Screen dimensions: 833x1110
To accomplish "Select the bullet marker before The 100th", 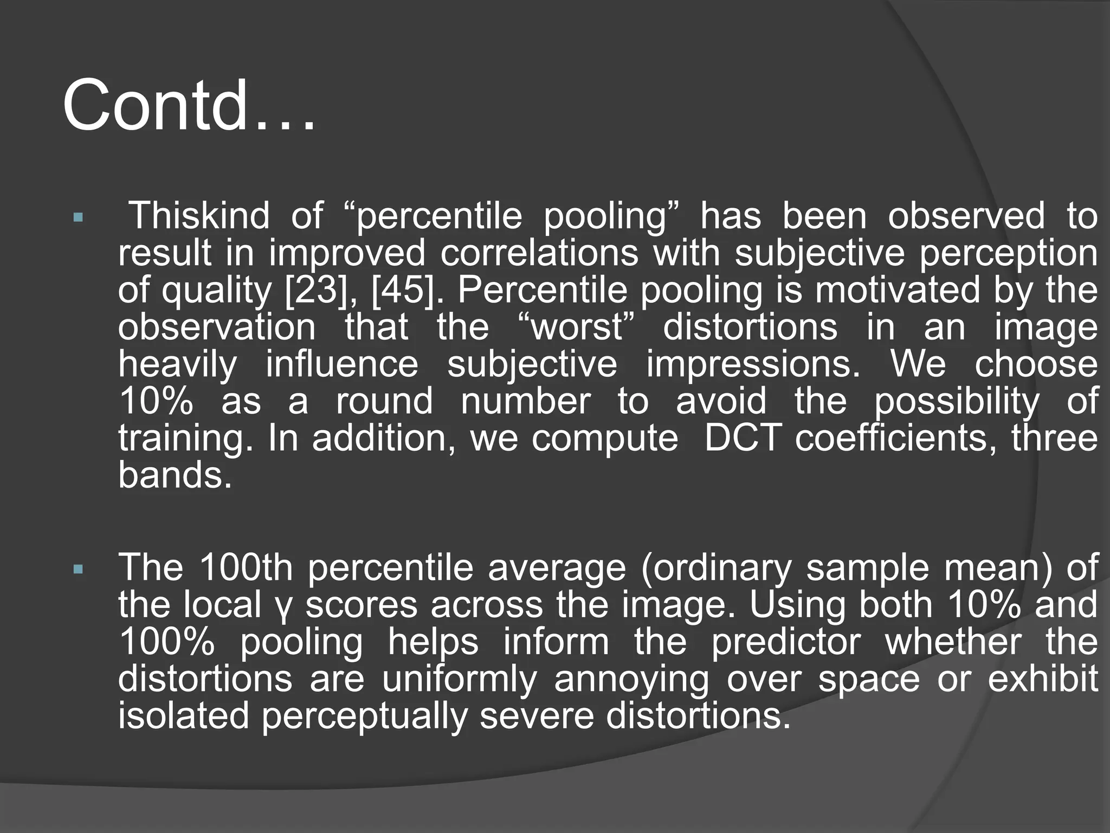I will tap(78, 570).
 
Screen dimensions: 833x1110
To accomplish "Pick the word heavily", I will tap(178, 364).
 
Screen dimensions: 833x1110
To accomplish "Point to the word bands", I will tap(175, 475).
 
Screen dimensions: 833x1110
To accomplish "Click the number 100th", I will tap(246, 567).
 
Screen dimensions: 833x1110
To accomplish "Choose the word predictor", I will tap(785, 642).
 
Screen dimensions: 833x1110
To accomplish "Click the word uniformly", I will tap(459, 679).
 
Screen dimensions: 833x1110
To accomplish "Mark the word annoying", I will tap(631, 679).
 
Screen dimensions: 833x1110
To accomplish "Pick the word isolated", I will tap(183, 716).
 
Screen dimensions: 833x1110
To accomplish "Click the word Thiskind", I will tap(201, 216).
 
